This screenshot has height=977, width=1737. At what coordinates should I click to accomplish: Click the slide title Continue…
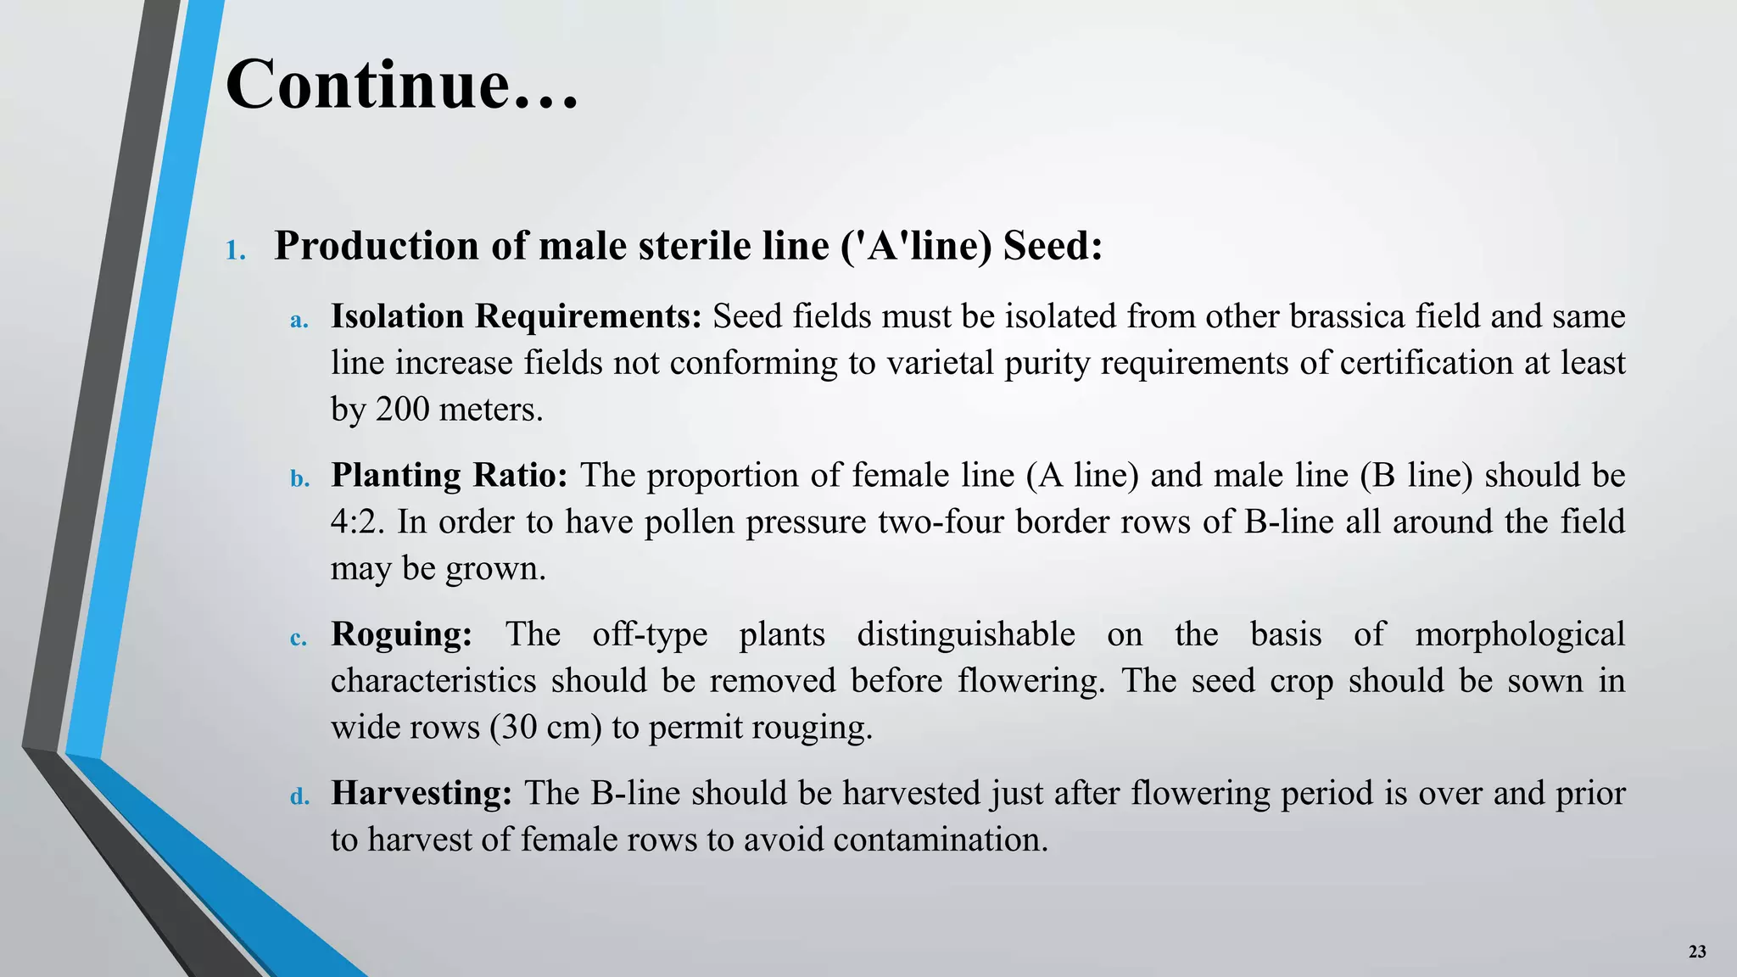[402, 86]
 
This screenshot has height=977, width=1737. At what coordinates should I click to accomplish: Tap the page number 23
[1697, 952]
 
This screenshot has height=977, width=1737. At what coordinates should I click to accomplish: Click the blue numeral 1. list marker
[236, 251]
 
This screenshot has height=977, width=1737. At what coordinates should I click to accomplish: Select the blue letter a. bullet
[299, 321]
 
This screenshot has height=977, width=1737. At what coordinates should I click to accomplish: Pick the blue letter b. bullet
[299, 479]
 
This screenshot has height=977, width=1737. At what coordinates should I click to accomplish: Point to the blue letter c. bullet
[299, 639]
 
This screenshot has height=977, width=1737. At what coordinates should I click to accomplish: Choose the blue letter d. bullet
[299, 797]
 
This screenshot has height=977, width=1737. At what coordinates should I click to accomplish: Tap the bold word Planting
[394, 476]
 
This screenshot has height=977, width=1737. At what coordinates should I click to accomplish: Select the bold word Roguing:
[401, 634]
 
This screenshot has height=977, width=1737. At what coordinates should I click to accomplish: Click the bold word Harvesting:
[422, 793]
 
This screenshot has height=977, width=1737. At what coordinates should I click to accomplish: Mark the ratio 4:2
[356, 522]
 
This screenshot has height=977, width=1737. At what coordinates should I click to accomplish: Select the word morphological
[1520, 634]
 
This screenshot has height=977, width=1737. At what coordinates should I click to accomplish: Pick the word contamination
[940, 840]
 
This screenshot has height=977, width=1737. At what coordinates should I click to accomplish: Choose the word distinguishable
[966, 634]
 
